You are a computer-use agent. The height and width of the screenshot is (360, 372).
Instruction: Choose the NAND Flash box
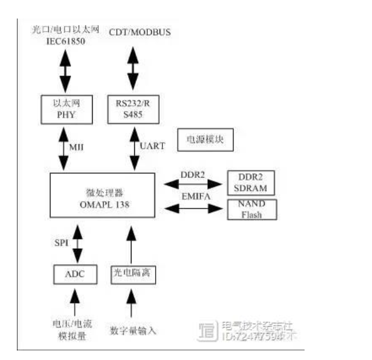pos(251,209)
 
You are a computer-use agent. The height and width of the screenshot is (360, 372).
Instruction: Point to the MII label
pos(76,147)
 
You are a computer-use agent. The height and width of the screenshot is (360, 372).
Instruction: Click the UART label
pos(152,147)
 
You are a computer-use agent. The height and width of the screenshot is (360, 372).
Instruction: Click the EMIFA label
pos(193,196)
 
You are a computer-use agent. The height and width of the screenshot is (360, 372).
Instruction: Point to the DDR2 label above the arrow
pos(192,174)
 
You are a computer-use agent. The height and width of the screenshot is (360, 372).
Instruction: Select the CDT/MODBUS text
pos(139,33)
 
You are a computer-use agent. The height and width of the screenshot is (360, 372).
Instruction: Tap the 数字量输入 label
pos(134,330)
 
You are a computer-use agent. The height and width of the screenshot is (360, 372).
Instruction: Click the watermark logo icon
pos(208,331)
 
